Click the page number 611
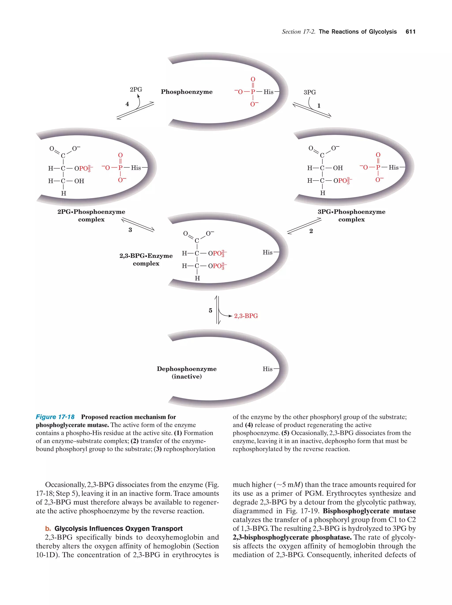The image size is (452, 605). coord(410,32)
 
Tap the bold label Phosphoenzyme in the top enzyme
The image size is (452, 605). coord(186,92)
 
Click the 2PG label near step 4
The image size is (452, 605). coord(136,89)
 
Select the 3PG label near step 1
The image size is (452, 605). coord(310,92)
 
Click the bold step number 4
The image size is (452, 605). coord(127,104)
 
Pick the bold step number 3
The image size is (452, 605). coord(130,230)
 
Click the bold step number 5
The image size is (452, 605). coord(210,310)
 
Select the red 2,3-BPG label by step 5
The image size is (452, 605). coord(246,316)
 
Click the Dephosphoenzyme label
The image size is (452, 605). coord(186,369)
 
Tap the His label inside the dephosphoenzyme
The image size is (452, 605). coord(267,369)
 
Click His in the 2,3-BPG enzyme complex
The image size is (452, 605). coord(267,253)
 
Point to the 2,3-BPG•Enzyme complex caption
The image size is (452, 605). coord(146,260)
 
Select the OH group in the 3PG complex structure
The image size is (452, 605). coord(338,168)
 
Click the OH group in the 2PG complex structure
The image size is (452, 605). coord(79,181)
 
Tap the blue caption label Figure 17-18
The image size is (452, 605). coord(55,417)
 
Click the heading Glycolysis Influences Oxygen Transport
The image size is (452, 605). coord(118,529)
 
